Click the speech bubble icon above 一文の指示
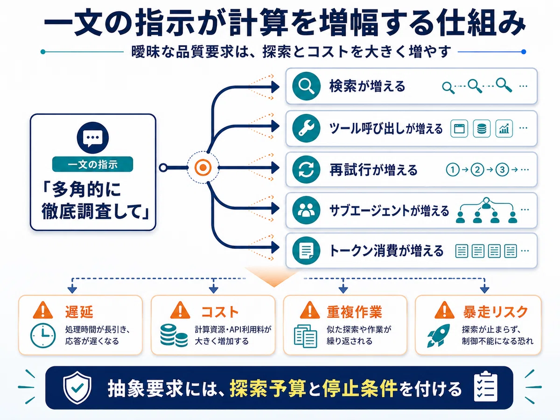[93, 138]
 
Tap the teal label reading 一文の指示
[92, 164]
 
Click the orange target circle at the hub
[203, 168]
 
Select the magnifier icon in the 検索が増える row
[306, 86]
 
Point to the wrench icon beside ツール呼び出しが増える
[306, 128]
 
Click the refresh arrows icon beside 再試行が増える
[306, 169]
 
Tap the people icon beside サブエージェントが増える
[306, 210]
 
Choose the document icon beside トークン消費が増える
[306, 251]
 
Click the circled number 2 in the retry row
[477, 169]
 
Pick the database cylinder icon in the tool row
[482, 128]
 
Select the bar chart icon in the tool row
[504, 128]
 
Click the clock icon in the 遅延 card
[43, 336]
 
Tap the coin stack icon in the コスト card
[174, 336]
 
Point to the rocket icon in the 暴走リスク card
[439, 336]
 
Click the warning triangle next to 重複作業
[310, 310]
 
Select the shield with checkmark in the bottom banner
[77, 387]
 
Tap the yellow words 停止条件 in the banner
[360, 388]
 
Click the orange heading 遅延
[79, 312]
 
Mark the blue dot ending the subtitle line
[524, 52]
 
